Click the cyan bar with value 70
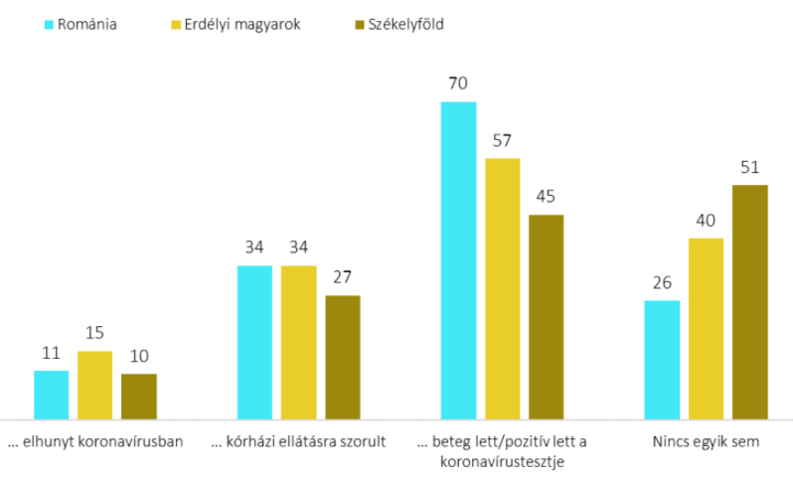(x=458, y=259)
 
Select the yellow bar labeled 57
(x=502, y=288)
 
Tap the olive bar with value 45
(x=546, y=316)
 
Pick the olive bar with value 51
(x=750, y=301)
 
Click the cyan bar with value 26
(x=662, y=359)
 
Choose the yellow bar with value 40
(x=706, y=328)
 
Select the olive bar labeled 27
(x=343, y=357)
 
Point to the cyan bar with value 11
(x=52, y=394)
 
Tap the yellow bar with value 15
(x=95, y=384)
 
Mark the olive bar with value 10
(x=139, y=396)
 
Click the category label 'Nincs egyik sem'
(x=706, y=442)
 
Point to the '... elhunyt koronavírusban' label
(x=95, y=442)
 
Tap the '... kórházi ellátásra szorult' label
(x=299, y=442)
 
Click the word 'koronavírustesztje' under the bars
(x=502, y=461)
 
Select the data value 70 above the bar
(x=458, y=83)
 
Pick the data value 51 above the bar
(x=750, y=167)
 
